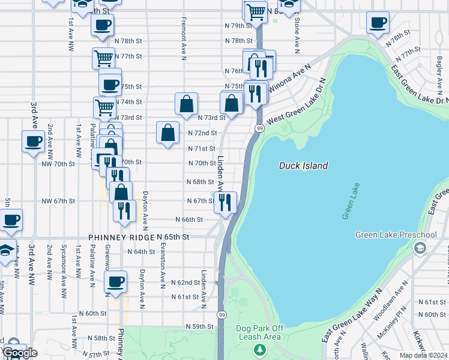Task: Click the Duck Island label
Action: (x=304, y=166)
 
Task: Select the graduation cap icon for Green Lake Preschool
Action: (x=420, y=248)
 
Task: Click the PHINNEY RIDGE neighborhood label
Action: (x=121, y=238)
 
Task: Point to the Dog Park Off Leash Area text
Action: (x=259, y=332)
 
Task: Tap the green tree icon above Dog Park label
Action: (x=259, y=350)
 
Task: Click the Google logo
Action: (x=20, y=353)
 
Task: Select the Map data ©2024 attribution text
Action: (x=423, y=355)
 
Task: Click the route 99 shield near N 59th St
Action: (x=222, y=315)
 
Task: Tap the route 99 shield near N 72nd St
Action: (x=259, y=128)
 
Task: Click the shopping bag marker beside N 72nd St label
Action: (x=168, y=132)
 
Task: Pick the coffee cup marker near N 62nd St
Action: (x=116, y=281)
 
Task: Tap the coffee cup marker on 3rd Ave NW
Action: (x=33, y=142)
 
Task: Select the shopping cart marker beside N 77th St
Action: (x=103, y=59)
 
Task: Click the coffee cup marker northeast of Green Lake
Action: (x=378, y=23)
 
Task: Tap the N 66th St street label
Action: (x=190, y=220)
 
